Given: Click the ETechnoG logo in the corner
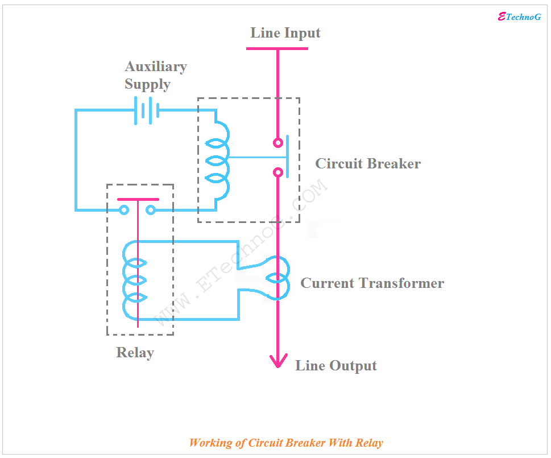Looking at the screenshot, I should pyautogui.click(x=519, y=17).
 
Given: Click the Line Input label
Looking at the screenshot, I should pyautogui.click(x=285, y=33).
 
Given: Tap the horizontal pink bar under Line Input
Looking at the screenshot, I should pyautogui.click(x=277, y=48).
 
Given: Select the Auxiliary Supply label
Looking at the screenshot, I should pyautogui.click(x=156, y=75).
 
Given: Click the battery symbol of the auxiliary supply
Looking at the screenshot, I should pyautogui.click(x=146, y=110).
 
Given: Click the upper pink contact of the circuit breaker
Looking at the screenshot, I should pyautogui.click(x=277, y=143).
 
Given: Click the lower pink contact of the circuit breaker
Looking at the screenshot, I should pyautogui.click(x=277, y=172).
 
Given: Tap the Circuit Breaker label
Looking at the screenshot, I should pyautogui.click(x=368, y=164).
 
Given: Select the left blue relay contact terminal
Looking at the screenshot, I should pyautogui.click(x=124, y=211).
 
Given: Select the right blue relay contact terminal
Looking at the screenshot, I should pyautogui.click(x=151, y=211).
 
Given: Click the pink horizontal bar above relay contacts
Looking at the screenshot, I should pyautogui.click(x=138, y=200).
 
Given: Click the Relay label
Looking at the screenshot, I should pyautogui.click(x=135, y=353).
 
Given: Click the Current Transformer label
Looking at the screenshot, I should pyautogui.click(x=372, y=283).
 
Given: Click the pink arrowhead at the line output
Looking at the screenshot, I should pyautogui.click(x=277, y=361).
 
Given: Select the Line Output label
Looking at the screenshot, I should pyautogui.click(x=335, y=366).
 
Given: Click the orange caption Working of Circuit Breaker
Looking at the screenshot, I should pyautogui.click(x=286, y=443).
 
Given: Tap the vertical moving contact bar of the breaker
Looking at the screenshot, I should pyautogui.click(x=287, y=157).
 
